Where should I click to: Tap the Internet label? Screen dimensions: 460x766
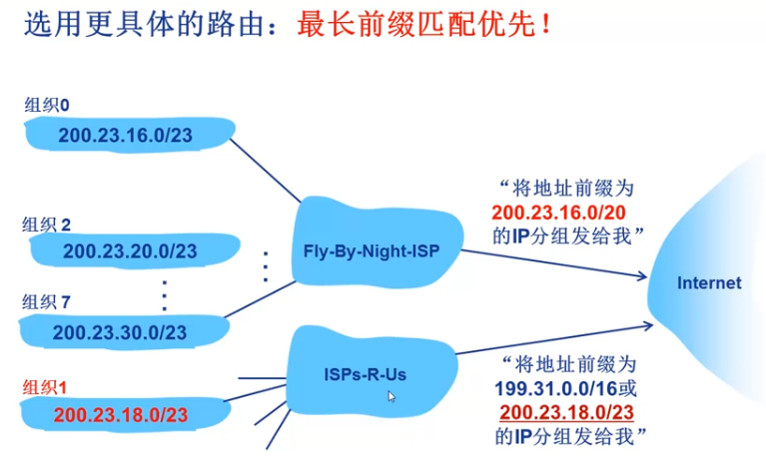(709, 282)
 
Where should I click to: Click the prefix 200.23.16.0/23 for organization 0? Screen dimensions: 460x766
(125, 136)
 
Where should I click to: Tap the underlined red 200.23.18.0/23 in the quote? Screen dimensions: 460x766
(566, 412)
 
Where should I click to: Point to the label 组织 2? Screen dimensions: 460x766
(47, 225)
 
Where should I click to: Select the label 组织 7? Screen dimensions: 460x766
(47, 300)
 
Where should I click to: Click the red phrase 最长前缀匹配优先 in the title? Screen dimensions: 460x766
(415, 24)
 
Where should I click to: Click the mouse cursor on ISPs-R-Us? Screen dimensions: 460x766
(391, 396)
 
